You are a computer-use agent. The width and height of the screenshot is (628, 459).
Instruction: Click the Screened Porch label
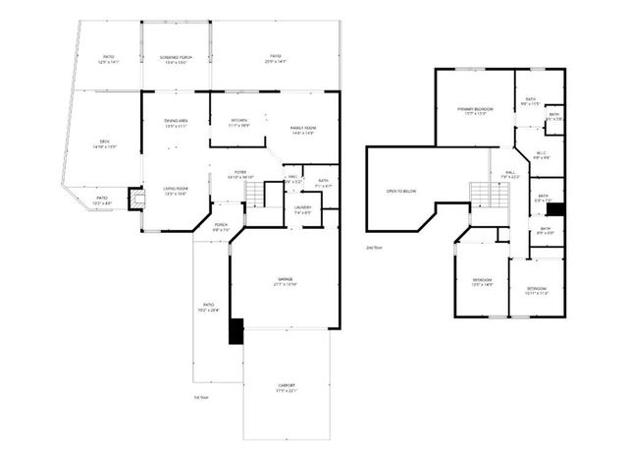coord(176,58)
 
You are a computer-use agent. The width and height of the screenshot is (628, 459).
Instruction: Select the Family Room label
coord(301,131)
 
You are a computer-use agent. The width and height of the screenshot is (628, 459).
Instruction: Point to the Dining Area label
coord(176,123)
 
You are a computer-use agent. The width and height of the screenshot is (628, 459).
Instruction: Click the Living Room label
coord(176,191)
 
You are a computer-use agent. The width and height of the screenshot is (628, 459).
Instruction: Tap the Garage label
coord(286,282)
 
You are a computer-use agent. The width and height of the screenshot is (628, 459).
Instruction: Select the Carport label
coord(286,387)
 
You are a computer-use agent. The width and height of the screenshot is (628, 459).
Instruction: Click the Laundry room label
coord(303,209)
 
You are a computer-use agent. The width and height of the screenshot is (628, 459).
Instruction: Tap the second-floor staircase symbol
coord(480,195)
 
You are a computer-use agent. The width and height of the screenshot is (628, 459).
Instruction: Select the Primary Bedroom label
coord(475,110)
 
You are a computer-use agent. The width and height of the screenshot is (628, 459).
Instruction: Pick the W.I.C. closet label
coord(542,154)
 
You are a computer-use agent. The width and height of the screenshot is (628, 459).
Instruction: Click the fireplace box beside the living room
coord(135,198)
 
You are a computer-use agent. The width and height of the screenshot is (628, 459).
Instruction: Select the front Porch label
coord(222,227)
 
